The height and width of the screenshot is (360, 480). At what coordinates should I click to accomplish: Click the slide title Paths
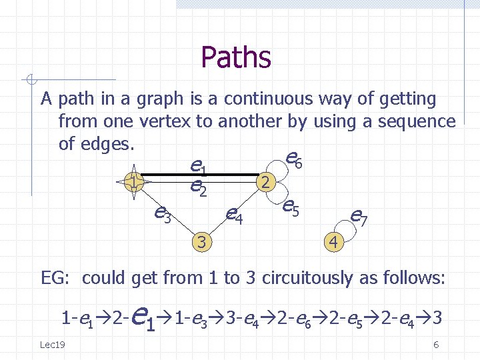[x=235, y=57]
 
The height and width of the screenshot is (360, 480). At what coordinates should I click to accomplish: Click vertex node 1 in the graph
[x=134, y=182]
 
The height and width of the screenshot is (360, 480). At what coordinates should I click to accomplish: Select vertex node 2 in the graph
[x=265, y=182]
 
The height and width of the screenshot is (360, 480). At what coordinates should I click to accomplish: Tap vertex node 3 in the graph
[x=201, y=241]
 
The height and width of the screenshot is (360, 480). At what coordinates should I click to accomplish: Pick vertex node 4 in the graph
[x=333, y=241]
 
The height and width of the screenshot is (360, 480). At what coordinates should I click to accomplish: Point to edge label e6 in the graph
[x=294, y=159]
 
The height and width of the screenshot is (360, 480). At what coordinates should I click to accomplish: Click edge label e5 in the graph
[x=291, y=208]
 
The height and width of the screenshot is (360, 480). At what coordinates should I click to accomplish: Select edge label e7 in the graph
[x=359, y=216]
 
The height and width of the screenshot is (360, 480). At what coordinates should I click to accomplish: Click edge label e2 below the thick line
[x=198, y=189]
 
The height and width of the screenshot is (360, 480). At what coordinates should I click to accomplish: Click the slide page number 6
[x=435, y=344]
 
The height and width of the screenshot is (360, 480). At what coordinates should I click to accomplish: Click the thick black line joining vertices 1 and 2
[x=200, y=175]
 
